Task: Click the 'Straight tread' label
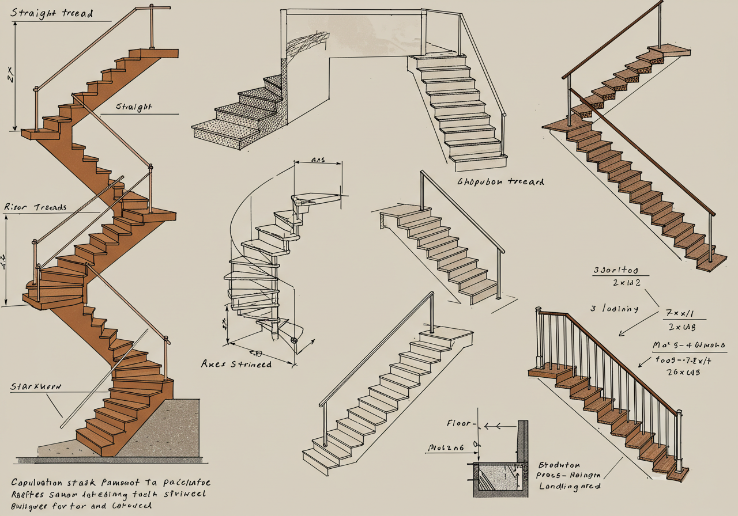[51, 13]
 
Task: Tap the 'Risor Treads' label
[35, 207]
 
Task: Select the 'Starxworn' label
[35, 386]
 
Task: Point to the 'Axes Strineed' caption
[236, 364]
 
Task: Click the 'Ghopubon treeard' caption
[500, 181]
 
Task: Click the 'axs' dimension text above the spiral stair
[318, 160]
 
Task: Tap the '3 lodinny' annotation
[614, 309]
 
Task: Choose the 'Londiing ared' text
[570, 486]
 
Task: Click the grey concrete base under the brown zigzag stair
[167, 426]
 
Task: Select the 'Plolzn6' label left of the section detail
[445, 447]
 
